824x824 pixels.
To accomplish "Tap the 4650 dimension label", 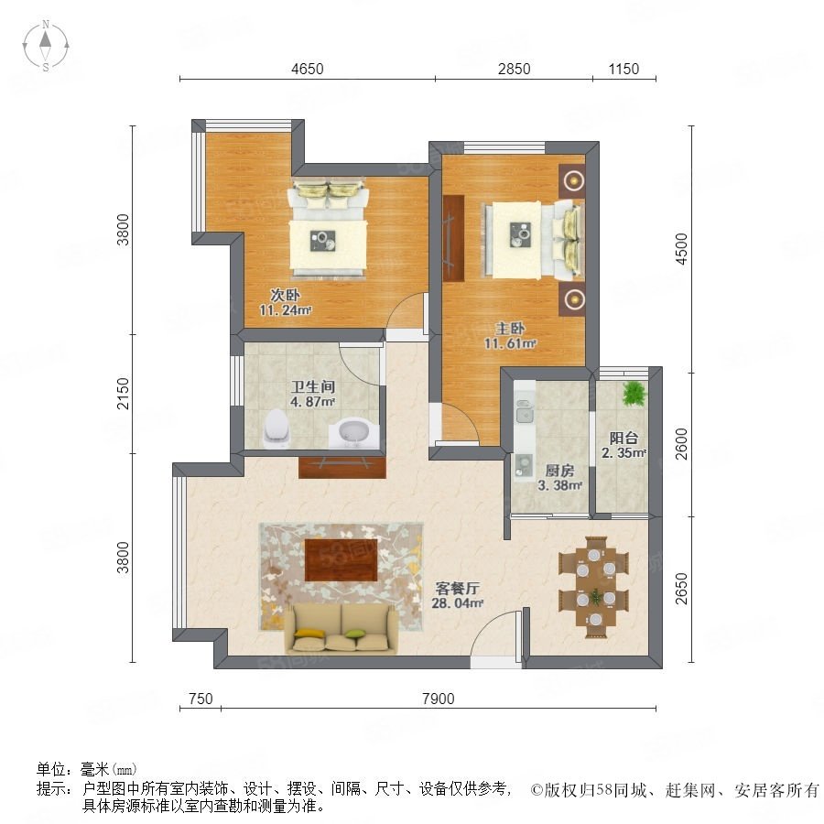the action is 308,69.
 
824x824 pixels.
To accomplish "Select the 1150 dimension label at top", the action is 623,69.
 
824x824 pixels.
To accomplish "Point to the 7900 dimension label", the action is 439,699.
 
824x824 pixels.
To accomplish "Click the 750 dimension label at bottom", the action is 201,699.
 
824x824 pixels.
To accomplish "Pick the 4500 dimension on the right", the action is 681,249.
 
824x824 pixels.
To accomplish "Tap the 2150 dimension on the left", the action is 123,394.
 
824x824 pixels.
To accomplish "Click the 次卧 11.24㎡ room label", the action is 286,302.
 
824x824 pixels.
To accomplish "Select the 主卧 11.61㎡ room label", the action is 510,336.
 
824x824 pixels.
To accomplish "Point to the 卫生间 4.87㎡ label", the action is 313,394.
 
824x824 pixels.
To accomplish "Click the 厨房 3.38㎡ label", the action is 559,478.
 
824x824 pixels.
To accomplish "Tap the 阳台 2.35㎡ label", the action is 623,445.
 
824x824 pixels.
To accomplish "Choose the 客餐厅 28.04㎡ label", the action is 457,595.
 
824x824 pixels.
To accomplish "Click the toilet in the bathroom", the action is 276,428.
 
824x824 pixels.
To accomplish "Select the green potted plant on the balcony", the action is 634,393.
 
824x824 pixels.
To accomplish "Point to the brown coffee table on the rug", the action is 342,559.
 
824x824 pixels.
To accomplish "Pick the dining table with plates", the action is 595,587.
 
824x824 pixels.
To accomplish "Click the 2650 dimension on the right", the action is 681,589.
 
